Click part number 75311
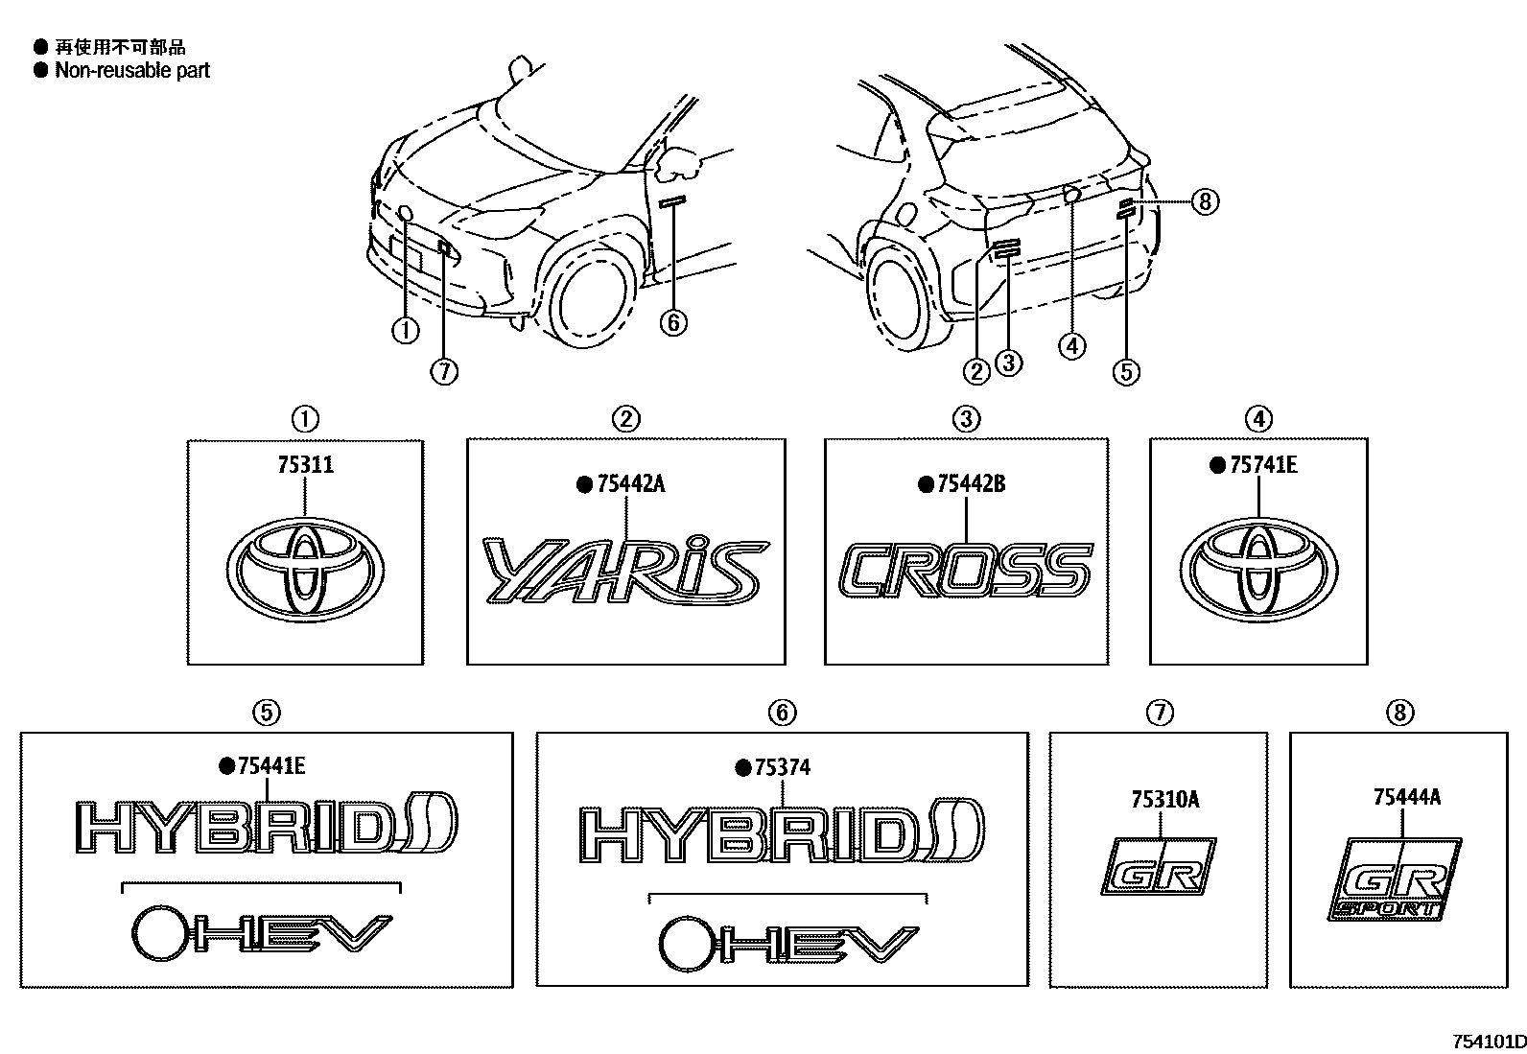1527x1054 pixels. (x=305, y=465)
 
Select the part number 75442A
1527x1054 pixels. (x=630, y=484)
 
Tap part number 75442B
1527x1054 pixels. (x=971, y=484)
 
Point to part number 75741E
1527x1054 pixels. (x=1264, y=465)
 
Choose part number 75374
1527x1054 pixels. (x=782, y=766)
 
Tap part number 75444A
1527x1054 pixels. (x=1406, y=797)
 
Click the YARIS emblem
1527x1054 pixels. (x=624, y=570)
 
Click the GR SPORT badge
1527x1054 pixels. (x=1397, y=880)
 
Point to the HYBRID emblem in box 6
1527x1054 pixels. (x=782, y=831)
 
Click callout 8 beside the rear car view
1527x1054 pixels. (x=1206, y=201)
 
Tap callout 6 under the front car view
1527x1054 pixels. (x=673, y=322)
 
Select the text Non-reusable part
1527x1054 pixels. (x=132, y=70)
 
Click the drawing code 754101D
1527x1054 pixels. (x=1487, y=1042)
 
